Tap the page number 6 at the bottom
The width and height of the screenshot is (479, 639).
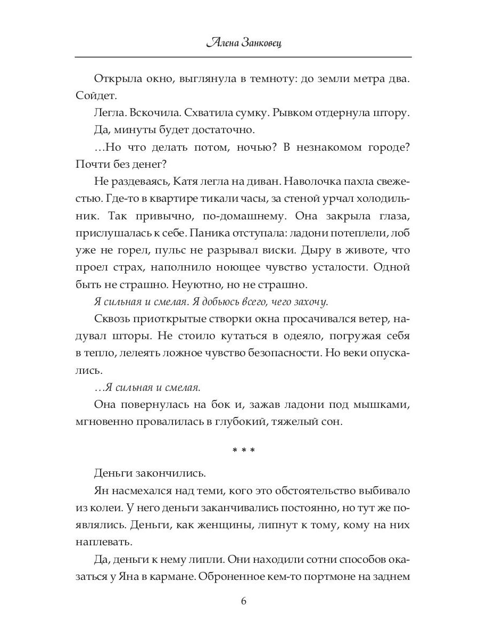243,601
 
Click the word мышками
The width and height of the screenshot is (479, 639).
385,405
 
